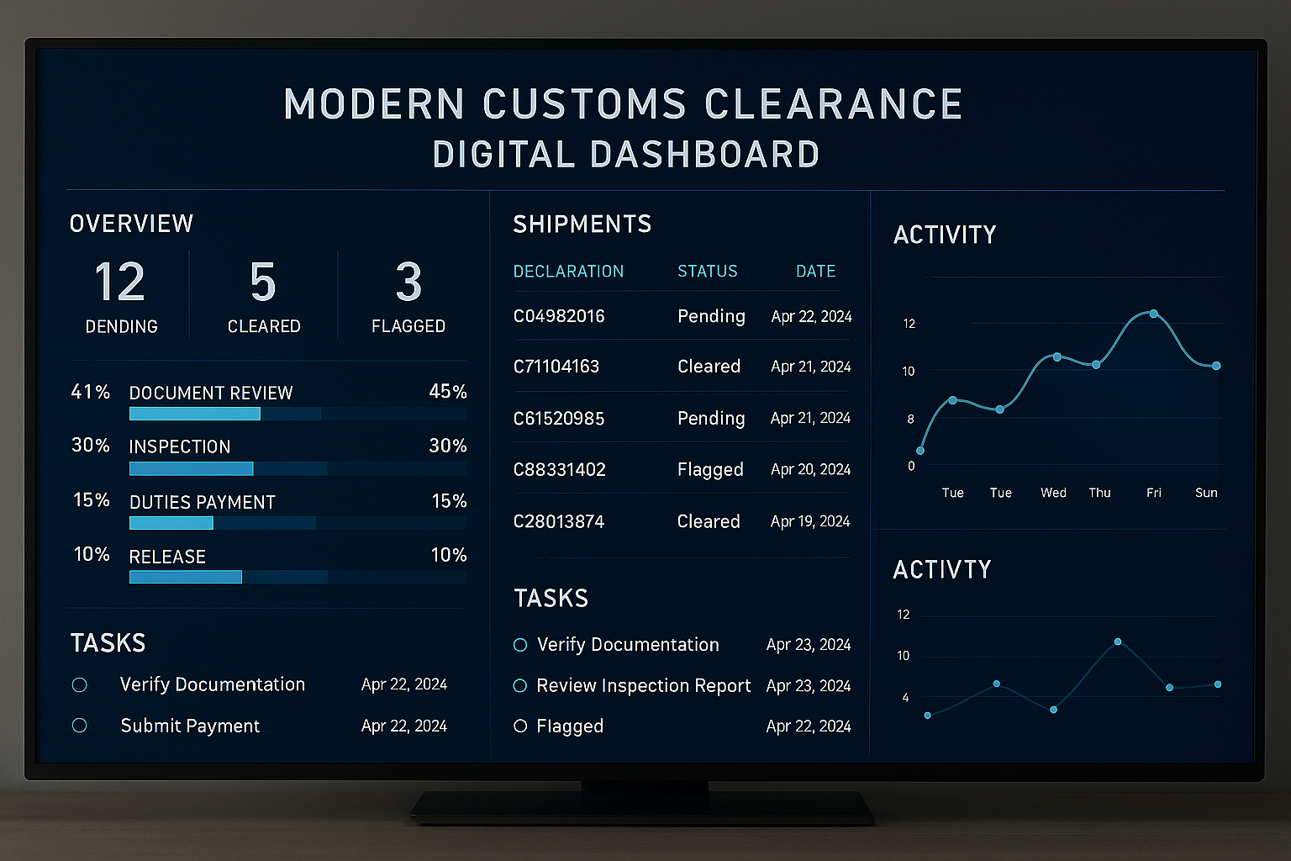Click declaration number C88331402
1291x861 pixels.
pos(559,469)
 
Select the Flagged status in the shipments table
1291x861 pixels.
pos(710,469)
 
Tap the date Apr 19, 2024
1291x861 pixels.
pos(810,521)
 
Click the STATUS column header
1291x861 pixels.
pos(707,271)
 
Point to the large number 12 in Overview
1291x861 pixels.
pos(120,282)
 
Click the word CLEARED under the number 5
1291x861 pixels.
pos(264,326)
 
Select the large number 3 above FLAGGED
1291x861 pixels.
pos(408,282)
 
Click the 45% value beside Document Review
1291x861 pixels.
pos(447,392)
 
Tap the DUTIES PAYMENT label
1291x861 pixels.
pos(202,502)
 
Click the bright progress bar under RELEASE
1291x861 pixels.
pos(186,577)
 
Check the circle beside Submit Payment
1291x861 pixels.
pos(80,726)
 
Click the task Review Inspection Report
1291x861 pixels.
pos(643,685)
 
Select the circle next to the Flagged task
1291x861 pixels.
pos(520,726)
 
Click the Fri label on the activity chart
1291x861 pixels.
pos(1153,493)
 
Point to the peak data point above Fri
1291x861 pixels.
pos(1154,314)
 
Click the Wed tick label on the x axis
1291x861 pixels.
pos(1053,493)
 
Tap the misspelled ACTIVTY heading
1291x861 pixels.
pos(941,570)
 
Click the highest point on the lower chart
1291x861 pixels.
pos(1118,642)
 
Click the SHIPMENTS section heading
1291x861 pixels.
pos(582,224)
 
